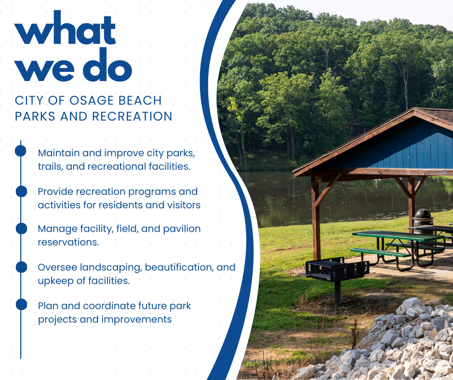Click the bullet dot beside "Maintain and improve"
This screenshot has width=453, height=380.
21,151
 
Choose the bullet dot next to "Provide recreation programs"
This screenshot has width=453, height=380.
21,191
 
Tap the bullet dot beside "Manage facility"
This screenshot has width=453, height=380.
21,229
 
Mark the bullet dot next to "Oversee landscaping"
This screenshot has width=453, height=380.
21,267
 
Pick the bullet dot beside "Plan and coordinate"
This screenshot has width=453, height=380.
21,304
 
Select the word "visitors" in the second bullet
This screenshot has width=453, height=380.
183,205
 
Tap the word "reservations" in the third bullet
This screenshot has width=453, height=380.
68,242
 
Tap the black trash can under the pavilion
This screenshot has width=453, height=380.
423,219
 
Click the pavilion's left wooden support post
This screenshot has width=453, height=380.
316,217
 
